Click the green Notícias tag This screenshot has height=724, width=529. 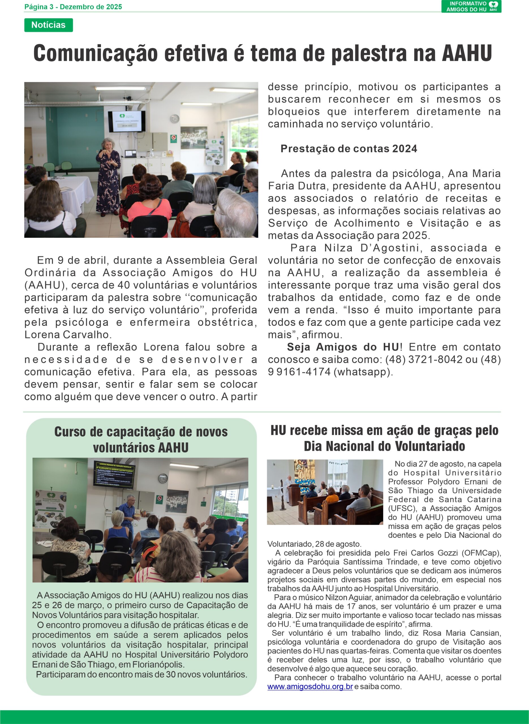click(x=48, y=25)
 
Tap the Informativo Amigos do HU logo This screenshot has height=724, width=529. click(x=471, y=7)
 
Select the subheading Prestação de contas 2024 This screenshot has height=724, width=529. click(x=349, y=148)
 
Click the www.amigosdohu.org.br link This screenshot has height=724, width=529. click(x=310, y=687)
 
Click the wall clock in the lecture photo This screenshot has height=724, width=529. click(x=174, y=119)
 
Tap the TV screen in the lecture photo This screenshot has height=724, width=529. click(x=126, y=121)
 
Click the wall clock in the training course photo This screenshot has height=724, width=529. click(x=163, y=479)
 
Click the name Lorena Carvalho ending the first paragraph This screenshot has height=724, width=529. click(x=68, y=335)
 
